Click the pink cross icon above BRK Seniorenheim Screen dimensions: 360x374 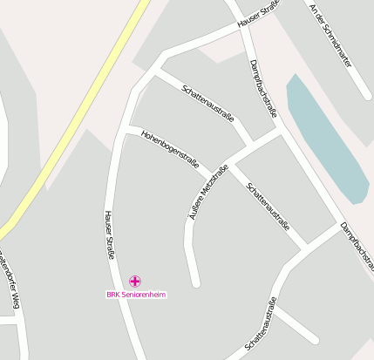[x=134, y=281]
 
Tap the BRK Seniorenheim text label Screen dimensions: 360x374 [x=136, y=295]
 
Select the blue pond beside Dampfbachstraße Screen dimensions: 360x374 [x=327, y=139]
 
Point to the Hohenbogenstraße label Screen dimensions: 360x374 [x=170, y=148]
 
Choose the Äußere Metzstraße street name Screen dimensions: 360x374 [x=207, y=190]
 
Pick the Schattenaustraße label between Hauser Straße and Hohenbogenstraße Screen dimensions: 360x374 [x=207, y=105]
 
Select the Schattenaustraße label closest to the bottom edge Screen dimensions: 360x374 [x=262, y=323]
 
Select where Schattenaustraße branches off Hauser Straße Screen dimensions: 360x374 [x=155, y=74]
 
